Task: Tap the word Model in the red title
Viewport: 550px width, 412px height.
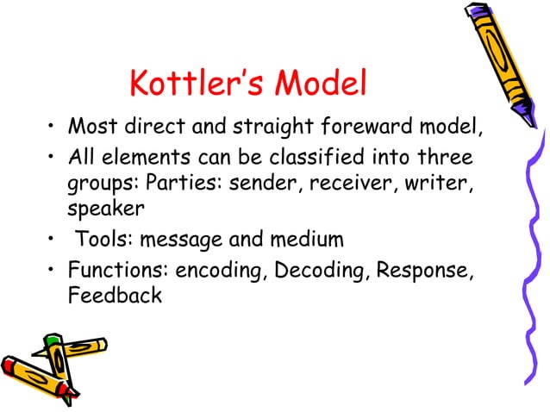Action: [323, 84]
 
